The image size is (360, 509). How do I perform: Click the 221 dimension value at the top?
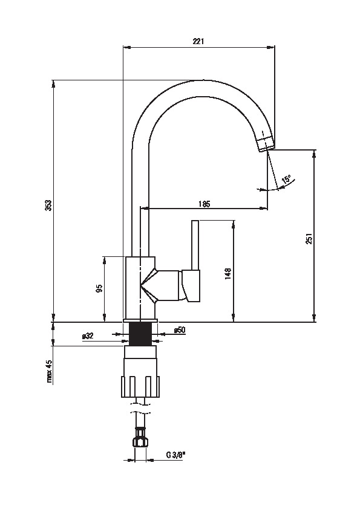198,41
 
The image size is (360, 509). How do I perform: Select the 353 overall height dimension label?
48,205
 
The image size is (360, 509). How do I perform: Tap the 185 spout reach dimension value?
204,204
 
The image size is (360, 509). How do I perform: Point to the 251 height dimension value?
310,238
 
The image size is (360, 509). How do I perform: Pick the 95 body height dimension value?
99,288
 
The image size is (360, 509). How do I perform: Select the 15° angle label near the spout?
287,179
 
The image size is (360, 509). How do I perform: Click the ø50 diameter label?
179,330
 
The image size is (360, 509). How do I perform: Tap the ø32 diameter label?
88,336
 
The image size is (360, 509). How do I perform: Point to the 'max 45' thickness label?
50,371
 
